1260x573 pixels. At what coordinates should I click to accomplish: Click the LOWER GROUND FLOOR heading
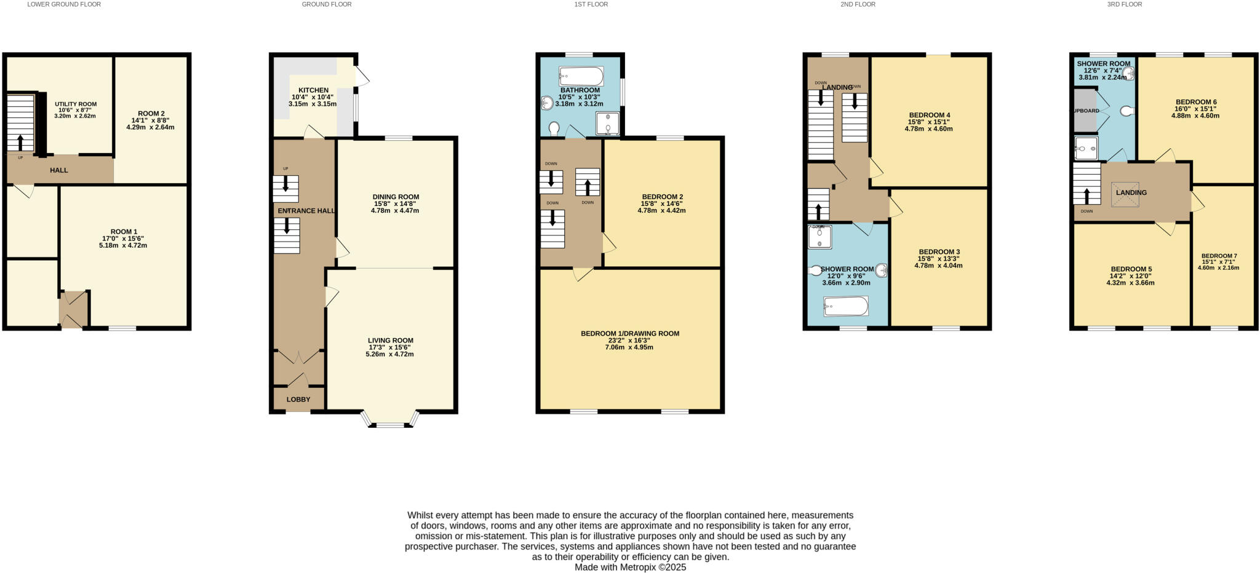coord(64,4)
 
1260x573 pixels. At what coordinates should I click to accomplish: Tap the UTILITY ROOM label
coord(76,104)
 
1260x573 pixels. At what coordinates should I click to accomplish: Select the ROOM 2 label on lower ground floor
coord(151,114)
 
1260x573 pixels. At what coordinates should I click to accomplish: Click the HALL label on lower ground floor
coord(59,170)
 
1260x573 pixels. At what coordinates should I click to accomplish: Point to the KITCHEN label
coord(313,90)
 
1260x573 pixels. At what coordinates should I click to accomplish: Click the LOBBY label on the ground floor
coord(298,400)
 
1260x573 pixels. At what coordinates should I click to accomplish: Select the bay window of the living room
coord(390,421)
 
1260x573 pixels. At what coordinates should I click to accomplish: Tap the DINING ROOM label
coord(396,197)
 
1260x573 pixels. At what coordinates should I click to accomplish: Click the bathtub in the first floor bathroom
coord(581,77)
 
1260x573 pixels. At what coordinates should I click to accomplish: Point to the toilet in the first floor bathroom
coord(554,128)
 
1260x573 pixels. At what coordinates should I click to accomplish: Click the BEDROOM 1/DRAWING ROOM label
coord(629,334)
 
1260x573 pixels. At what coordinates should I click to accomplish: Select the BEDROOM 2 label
coord(661,197)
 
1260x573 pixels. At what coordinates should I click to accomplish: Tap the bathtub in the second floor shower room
coord(845,306)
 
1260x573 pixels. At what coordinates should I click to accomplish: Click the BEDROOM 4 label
coord(929,115)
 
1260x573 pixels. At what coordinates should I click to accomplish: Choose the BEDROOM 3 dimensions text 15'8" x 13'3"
coord(938,259)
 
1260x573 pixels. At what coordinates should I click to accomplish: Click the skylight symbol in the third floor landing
coord(1125,194)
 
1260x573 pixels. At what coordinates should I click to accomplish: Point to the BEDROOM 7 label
coord(1219,256)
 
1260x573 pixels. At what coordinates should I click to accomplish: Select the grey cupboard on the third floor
coord(1085,111)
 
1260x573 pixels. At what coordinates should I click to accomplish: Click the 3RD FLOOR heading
coord(1124,4)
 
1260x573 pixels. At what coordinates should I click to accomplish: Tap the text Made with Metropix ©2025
coord(630,567)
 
